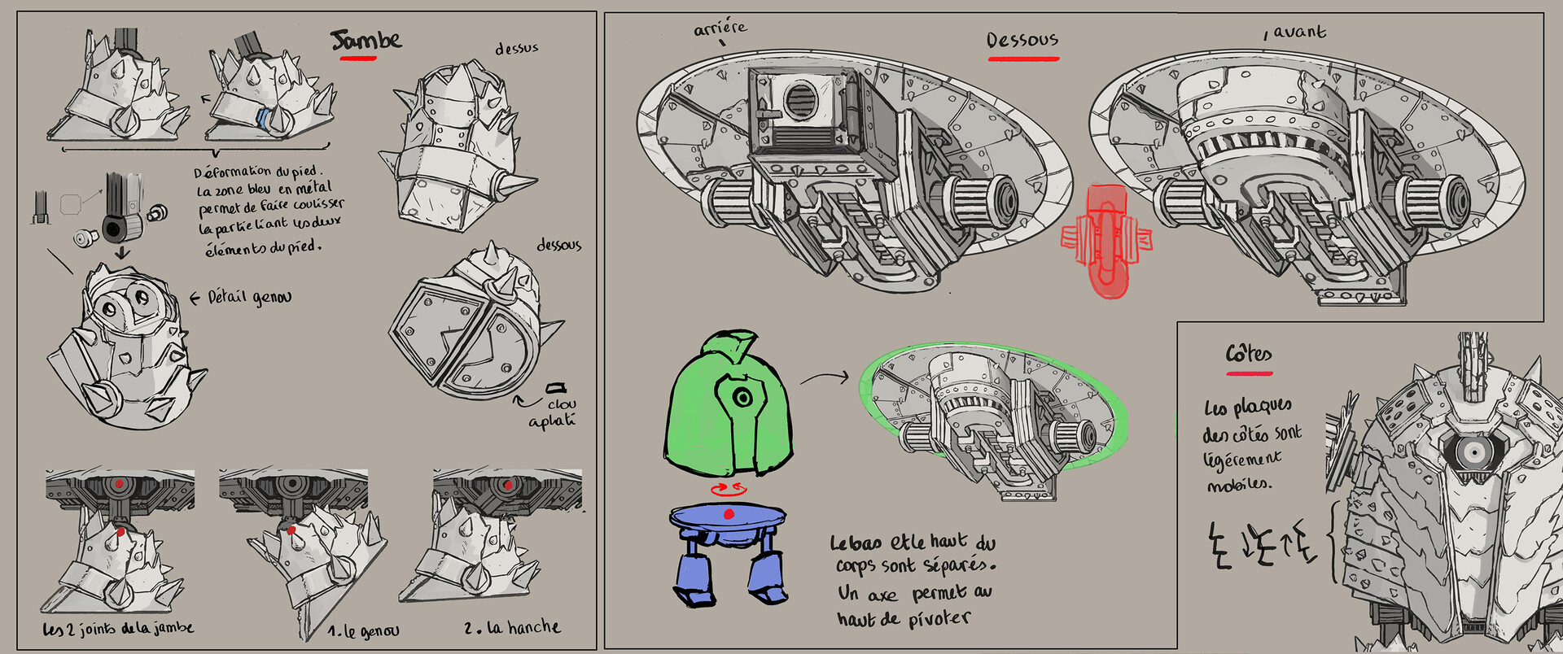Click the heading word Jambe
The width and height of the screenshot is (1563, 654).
click(366, 40)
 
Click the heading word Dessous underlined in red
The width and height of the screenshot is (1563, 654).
click(1022, 40)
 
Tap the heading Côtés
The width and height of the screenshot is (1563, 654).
click(1249, 354)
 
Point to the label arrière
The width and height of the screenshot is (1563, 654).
click(720, 29)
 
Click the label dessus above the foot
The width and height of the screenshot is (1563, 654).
click(517, 49)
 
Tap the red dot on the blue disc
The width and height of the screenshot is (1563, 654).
click(729, 513)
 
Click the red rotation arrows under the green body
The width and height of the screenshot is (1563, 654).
click(728, 488)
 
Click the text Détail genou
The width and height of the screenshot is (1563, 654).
click(248, 298)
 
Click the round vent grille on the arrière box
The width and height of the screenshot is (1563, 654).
click(799, 101)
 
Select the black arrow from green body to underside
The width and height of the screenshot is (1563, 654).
click(824, 377)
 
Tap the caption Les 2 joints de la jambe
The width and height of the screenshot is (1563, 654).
click(118, 629)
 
